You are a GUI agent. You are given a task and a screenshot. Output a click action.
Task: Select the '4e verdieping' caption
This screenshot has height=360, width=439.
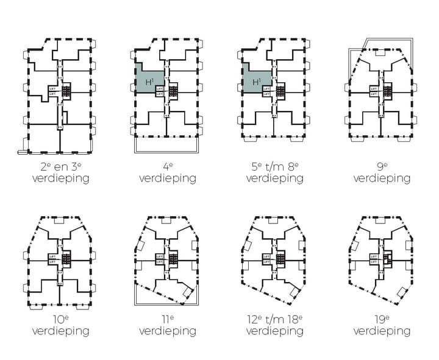point(167,172)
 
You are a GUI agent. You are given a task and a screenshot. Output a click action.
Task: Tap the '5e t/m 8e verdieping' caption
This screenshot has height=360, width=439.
point(274,172)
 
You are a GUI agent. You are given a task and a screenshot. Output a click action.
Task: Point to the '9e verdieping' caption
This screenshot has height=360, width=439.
point(382,172)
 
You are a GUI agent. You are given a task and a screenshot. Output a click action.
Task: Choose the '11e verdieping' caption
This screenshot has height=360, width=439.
point(167,325)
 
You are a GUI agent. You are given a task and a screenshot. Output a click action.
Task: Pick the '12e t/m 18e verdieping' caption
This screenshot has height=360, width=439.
point(274,325)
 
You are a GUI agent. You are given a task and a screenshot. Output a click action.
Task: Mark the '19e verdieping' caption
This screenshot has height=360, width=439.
point(382,325)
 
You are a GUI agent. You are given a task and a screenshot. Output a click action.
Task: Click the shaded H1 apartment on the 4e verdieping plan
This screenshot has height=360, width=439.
point(149,80)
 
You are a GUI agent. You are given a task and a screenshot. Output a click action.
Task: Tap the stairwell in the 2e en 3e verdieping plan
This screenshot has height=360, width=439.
point(67,91)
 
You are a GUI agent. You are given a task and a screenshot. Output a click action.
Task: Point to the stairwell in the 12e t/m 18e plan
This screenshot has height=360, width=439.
point(281,258)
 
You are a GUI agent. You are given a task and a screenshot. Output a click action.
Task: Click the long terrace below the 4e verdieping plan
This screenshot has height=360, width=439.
point(167,145)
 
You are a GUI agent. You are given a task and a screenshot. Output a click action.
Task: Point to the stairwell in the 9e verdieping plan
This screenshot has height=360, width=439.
point(388,91)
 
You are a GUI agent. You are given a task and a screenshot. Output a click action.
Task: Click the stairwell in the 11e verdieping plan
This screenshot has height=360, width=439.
point(174,258)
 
